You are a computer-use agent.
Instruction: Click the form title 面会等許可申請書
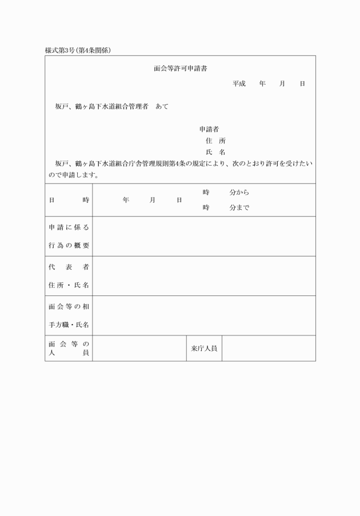tap(180, 69)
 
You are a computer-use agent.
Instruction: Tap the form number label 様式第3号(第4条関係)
tap(78, 50)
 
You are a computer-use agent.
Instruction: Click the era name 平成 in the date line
tap(238, 84)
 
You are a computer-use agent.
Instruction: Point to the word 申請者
tap(209, 130)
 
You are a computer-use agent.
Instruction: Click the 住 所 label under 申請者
tap(215, 141)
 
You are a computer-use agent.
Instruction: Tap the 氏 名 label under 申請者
tap(215, 152)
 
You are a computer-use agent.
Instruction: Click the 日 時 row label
tap(69, 200)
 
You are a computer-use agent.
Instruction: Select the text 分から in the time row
tap(239, 192)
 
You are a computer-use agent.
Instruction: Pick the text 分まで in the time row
tap(239, 208)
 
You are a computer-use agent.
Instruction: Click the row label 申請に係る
tap(69, 227)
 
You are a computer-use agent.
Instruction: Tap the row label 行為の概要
tap(69, 246)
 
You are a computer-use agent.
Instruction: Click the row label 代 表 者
tap(69, 267)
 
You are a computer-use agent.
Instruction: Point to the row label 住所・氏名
tap(69, 285)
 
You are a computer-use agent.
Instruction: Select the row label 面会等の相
tap(69, 307)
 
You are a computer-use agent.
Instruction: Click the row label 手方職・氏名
tap(69, 325)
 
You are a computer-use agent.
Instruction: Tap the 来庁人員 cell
tap(203, 348)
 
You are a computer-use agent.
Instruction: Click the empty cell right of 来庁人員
tap(269, 348)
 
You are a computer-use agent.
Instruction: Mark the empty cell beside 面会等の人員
tap(139, 348)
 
